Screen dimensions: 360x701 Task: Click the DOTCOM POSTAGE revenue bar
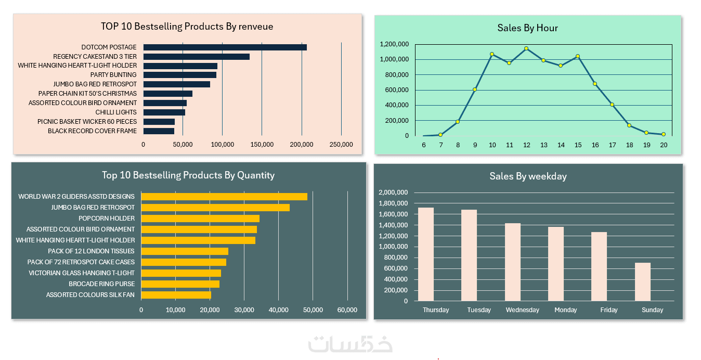[x=225, y=47]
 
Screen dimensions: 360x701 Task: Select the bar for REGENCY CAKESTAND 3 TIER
[x=196, y=57]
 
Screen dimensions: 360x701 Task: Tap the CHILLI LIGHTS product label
[x=116, y=112]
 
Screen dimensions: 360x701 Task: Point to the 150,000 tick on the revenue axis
[x=262, y=145]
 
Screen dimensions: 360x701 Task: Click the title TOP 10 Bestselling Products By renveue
[x=187, y=27]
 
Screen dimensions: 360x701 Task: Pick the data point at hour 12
[x=526, y=48]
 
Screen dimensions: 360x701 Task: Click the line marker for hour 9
[x=475, y=89]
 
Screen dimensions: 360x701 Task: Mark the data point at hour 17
[x=612, y=105]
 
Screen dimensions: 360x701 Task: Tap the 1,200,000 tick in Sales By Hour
[x=394, y=44]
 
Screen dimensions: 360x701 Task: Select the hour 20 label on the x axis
[x=664, y=145]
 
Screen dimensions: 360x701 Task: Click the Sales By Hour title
[x=527, y=28]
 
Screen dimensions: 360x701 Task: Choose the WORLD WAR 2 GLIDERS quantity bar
[x=224, y=197]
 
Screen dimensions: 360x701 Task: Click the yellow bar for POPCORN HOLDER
[x=200, y=218]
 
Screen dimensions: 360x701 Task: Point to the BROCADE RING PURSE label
[x=101, y=284]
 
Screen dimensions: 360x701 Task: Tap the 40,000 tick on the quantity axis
[x=278, y=310]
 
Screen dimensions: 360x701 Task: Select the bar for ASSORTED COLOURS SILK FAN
[x=176, y=295]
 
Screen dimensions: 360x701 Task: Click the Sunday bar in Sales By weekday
[x=642, y=281]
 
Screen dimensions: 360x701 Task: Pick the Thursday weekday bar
[x=426, y=254]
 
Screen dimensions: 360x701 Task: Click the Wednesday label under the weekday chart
[x=522, y=310]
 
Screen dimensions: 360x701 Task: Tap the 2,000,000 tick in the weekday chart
[x=393, y=192]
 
